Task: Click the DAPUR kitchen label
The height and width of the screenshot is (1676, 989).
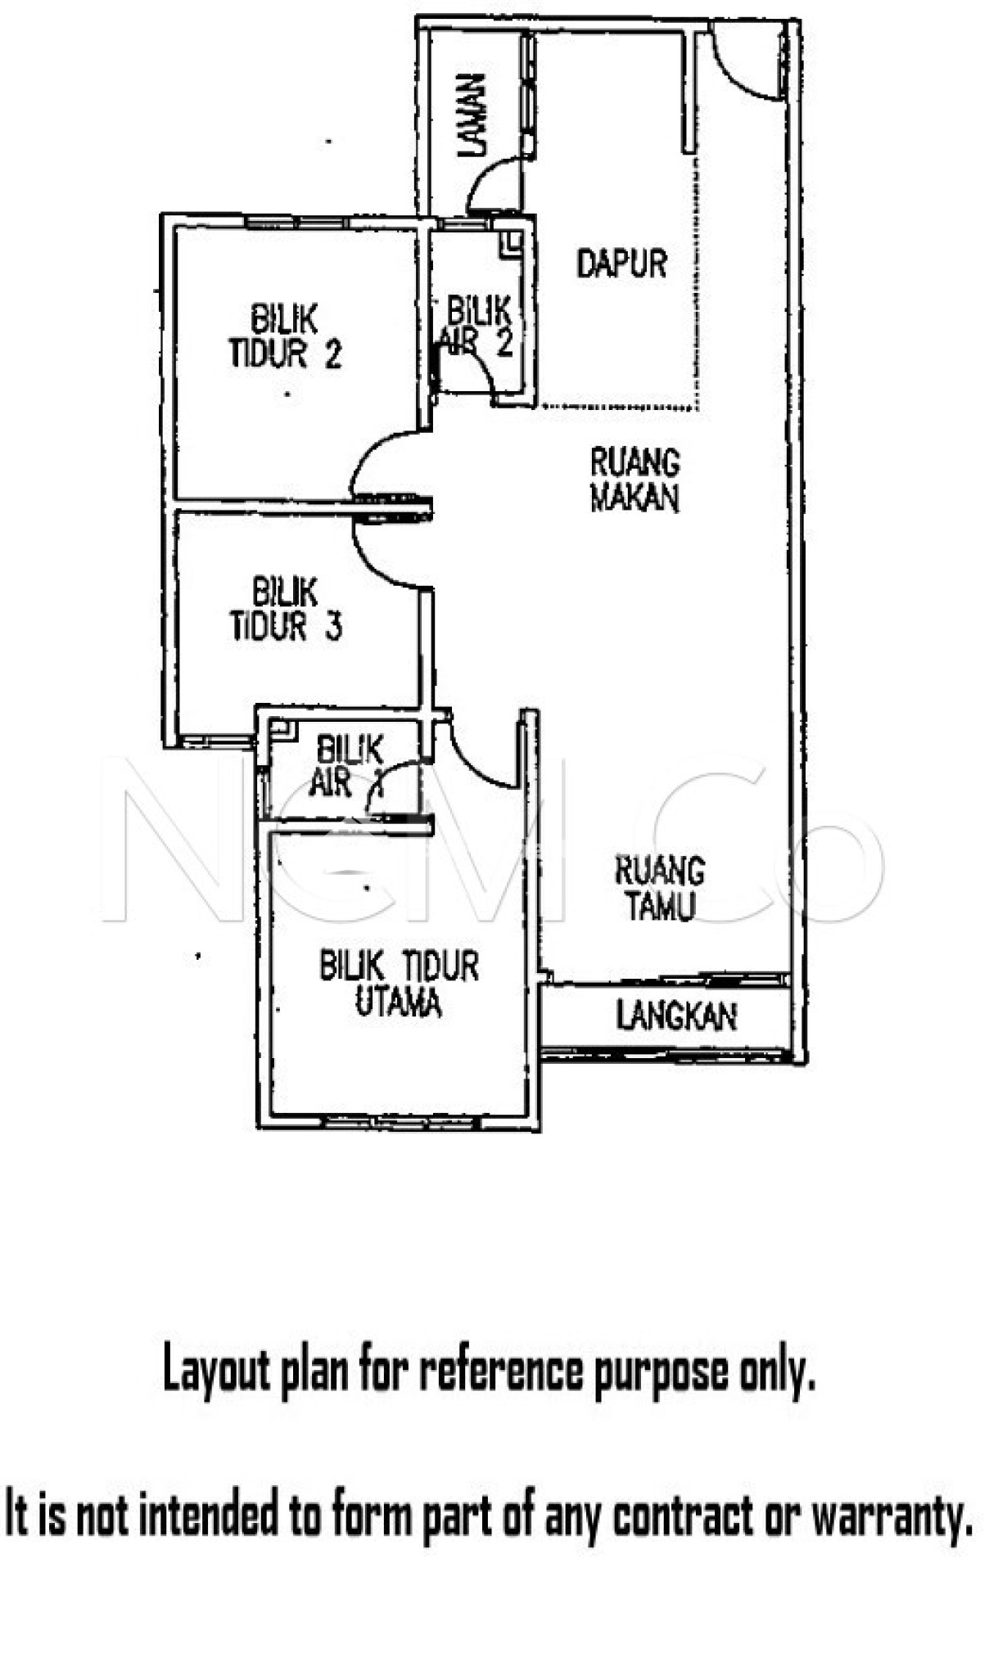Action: (621, 264)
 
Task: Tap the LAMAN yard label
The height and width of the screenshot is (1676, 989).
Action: (472, 115)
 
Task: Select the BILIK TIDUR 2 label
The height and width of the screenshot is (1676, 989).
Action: (284, 336)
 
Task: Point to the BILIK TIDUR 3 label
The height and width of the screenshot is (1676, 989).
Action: (285, 610)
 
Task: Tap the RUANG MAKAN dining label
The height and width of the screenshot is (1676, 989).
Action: (635, 480)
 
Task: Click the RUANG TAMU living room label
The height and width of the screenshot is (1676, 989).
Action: (659, 888)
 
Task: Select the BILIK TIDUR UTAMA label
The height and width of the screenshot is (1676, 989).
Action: (399, 984)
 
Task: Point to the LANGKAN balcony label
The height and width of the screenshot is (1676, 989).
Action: (676, 1016)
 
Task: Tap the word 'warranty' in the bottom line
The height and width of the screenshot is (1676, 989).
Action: (892, 1519)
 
